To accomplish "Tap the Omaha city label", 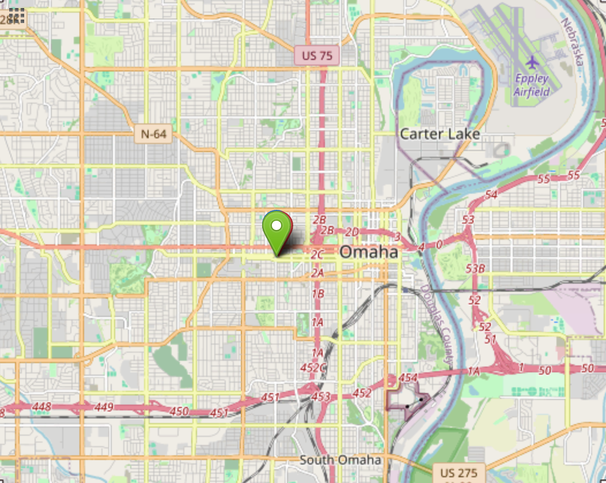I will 369,252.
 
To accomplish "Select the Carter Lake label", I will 440,134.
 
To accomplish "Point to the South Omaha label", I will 340,460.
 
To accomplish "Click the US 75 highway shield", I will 317,56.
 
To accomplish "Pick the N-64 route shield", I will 153,134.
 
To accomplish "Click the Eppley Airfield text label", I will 532,85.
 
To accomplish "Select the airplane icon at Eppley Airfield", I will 532,61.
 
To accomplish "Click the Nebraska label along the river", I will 572,40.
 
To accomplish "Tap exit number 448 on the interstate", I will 42,407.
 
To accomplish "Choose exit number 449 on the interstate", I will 104,407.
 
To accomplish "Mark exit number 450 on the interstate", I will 179,411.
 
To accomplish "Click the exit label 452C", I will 313,367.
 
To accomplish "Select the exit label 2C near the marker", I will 317,254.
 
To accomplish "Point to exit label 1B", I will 317,294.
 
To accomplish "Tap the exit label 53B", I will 476,269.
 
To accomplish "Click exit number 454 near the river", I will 407,378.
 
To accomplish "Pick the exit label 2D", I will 351,232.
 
